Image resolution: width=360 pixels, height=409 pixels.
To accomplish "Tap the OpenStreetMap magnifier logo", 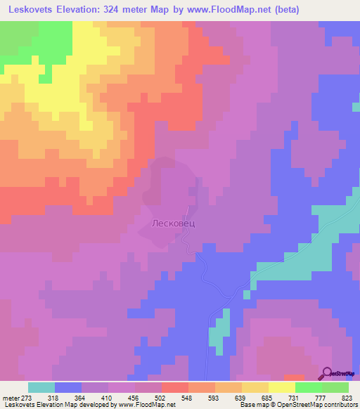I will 328,373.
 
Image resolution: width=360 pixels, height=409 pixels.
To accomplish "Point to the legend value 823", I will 345,397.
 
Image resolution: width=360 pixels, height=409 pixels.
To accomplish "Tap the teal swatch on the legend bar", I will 41,387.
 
